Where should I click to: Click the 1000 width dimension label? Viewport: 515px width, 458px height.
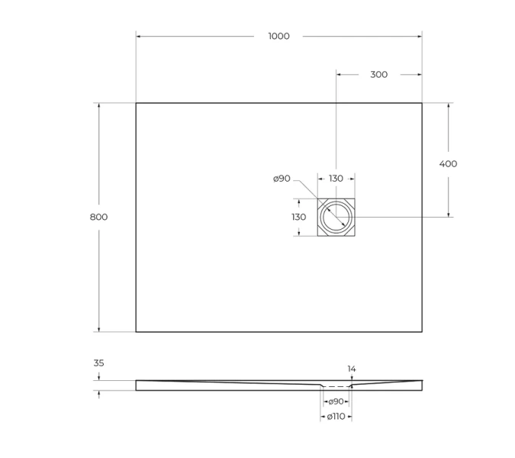278,36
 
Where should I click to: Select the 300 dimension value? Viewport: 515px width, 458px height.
378,75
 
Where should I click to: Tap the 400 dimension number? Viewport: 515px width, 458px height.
448,163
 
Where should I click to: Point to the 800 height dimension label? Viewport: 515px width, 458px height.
98,217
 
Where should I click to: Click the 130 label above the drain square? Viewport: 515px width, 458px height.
336,179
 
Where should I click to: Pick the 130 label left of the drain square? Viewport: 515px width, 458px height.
298,217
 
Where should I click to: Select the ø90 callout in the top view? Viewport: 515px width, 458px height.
282,179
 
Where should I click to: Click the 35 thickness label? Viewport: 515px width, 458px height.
98,363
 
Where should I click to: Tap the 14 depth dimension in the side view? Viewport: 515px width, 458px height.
352,369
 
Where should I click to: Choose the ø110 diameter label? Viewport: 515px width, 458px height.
336,417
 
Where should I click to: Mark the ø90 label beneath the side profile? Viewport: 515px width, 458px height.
336,402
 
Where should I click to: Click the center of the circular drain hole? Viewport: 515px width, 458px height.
336,217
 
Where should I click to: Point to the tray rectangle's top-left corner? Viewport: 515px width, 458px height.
136,103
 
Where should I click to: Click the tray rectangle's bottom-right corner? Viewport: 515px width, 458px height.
422,332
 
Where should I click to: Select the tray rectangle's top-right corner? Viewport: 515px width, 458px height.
422,103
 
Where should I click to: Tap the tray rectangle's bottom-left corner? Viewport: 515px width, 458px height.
136,332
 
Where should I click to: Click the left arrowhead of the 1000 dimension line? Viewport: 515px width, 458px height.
139,36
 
